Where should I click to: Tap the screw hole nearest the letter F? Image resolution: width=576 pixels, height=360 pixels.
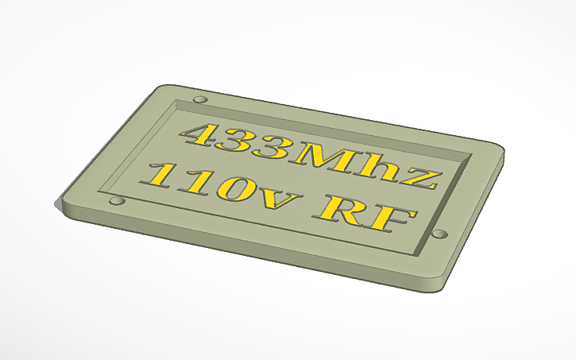439,234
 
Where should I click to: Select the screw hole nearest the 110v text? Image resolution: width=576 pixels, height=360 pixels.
118,200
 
